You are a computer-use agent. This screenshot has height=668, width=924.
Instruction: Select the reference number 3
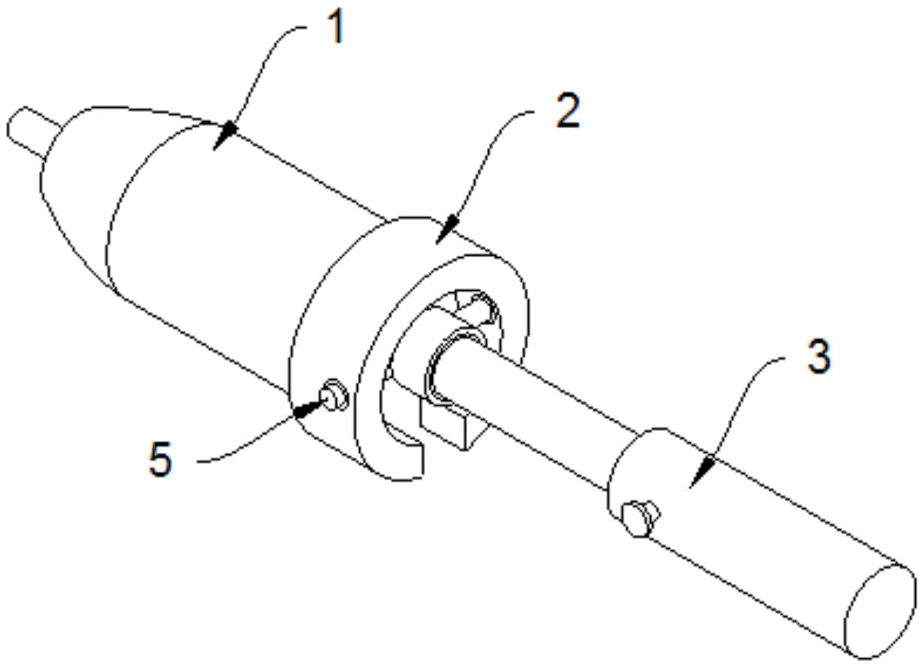pyautogui.click(x=820, y=358)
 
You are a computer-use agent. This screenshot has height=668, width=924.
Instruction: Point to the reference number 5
pyautogui.click(x=160, y=460)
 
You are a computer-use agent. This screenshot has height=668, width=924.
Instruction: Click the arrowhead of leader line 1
pyautogui.click(x=225, y=136)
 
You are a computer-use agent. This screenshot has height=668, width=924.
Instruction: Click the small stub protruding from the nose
pyautogui.click(x=32, y=131)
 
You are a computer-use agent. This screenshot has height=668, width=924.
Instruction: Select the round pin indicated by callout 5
pyautogui.click(x=335, y=394)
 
